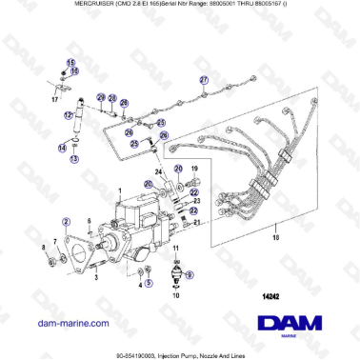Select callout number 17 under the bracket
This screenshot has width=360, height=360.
tap(54, 99)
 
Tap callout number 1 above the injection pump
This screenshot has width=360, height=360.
tap(118, 190)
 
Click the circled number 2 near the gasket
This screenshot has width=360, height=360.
tap(66, 218)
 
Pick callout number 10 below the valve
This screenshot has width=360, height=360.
tap(175, 295)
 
